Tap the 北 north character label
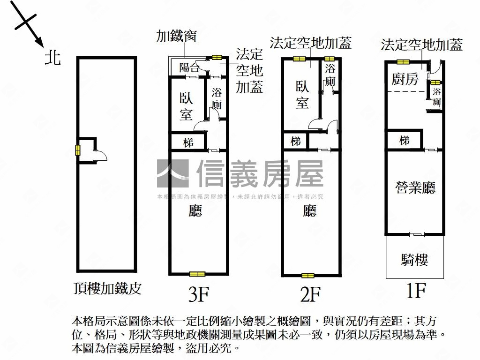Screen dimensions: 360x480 point(52,58)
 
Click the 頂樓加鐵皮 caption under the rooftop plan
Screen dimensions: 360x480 point(107,288)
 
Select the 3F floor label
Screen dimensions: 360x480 point(198,295)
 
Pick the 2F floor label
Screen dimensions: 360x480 point(310,295)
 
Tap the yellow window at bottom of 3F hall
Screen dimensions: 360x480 point(197,274)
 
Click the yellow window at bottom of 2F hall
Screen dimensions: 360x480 point(307,276)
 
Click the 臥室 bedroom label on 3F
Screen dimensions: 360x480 point(186,106)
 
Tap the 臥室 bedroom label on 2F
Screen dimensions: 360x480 point(302,94)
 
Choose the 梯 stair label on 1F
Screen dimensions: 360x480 point(404,140)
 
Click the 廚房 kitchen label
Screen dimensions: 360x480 point(405,79)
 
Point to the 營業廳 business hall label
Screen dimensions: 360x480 point(415,187)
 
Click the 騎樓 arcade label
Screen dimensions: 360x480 point(415,260)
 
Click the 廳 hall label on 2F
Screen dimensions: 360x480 point(309,211)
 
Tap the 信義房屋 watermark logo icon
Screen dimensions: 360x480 point(172,173)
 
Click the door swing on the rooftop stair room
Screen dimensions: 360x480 point(101,156)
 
